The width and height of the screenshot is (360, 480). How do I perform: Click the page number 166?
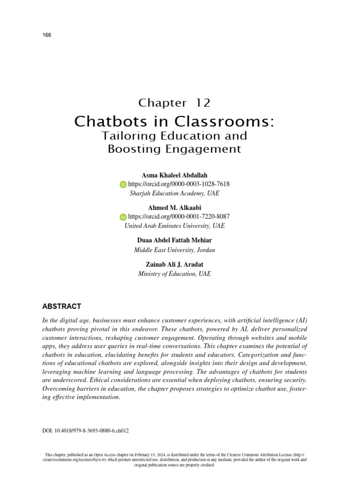click(x=46, y=35)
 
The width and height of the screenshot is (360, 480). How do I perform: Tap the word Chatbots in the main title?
click(x=110, y=121)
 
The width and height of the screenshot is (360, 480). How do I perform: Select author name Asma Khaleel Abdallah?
click(x=174, y=175)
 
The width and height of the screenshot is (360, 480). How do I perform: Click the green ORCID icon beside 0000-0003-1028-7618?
click(x=123, y=185)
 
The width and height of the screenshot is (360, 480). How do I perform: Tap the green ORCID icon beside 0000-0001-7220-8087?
click(x=123, y=217)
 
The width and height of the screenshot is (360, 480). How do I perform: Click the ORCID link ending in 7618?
click(x=179, y=184)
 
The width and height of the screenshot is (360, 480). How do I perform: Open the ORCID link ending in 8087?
click(x=179, y=217)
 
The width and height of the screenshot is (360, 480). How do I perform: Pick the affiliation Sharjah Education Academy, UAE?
click(x=174, y=193)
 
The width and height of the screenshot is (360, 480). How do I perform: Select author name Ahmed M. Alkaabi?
click(x=174, y=208)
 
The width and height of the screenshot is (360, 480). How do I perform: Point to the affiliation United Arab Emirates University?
click(x=174, y=225)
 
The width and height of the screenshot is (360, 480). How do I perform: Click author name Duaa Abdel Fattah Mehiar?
click(x=174, y=240)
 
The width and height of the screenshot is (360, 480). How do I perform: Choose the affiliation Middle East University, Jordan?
click(x=174, y=250)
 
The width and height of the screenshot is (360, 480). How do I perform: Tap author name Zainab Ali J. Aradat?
click(x=174, y=264)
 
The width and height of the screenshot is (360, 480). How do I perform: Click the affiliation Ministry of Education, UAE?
click(x=174, y=274)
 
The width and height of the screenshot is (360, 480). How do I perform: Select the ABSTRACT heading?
click(x=61, y=307)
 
